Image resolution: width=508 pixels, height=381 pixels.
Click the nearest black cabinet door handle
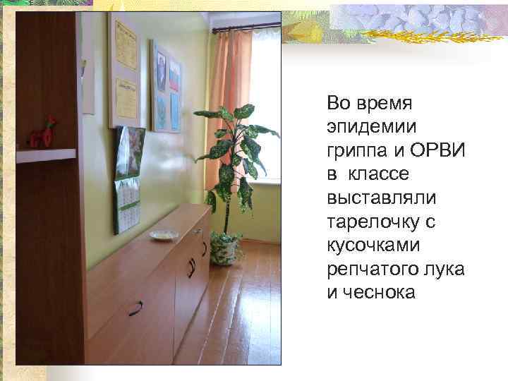135,308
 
